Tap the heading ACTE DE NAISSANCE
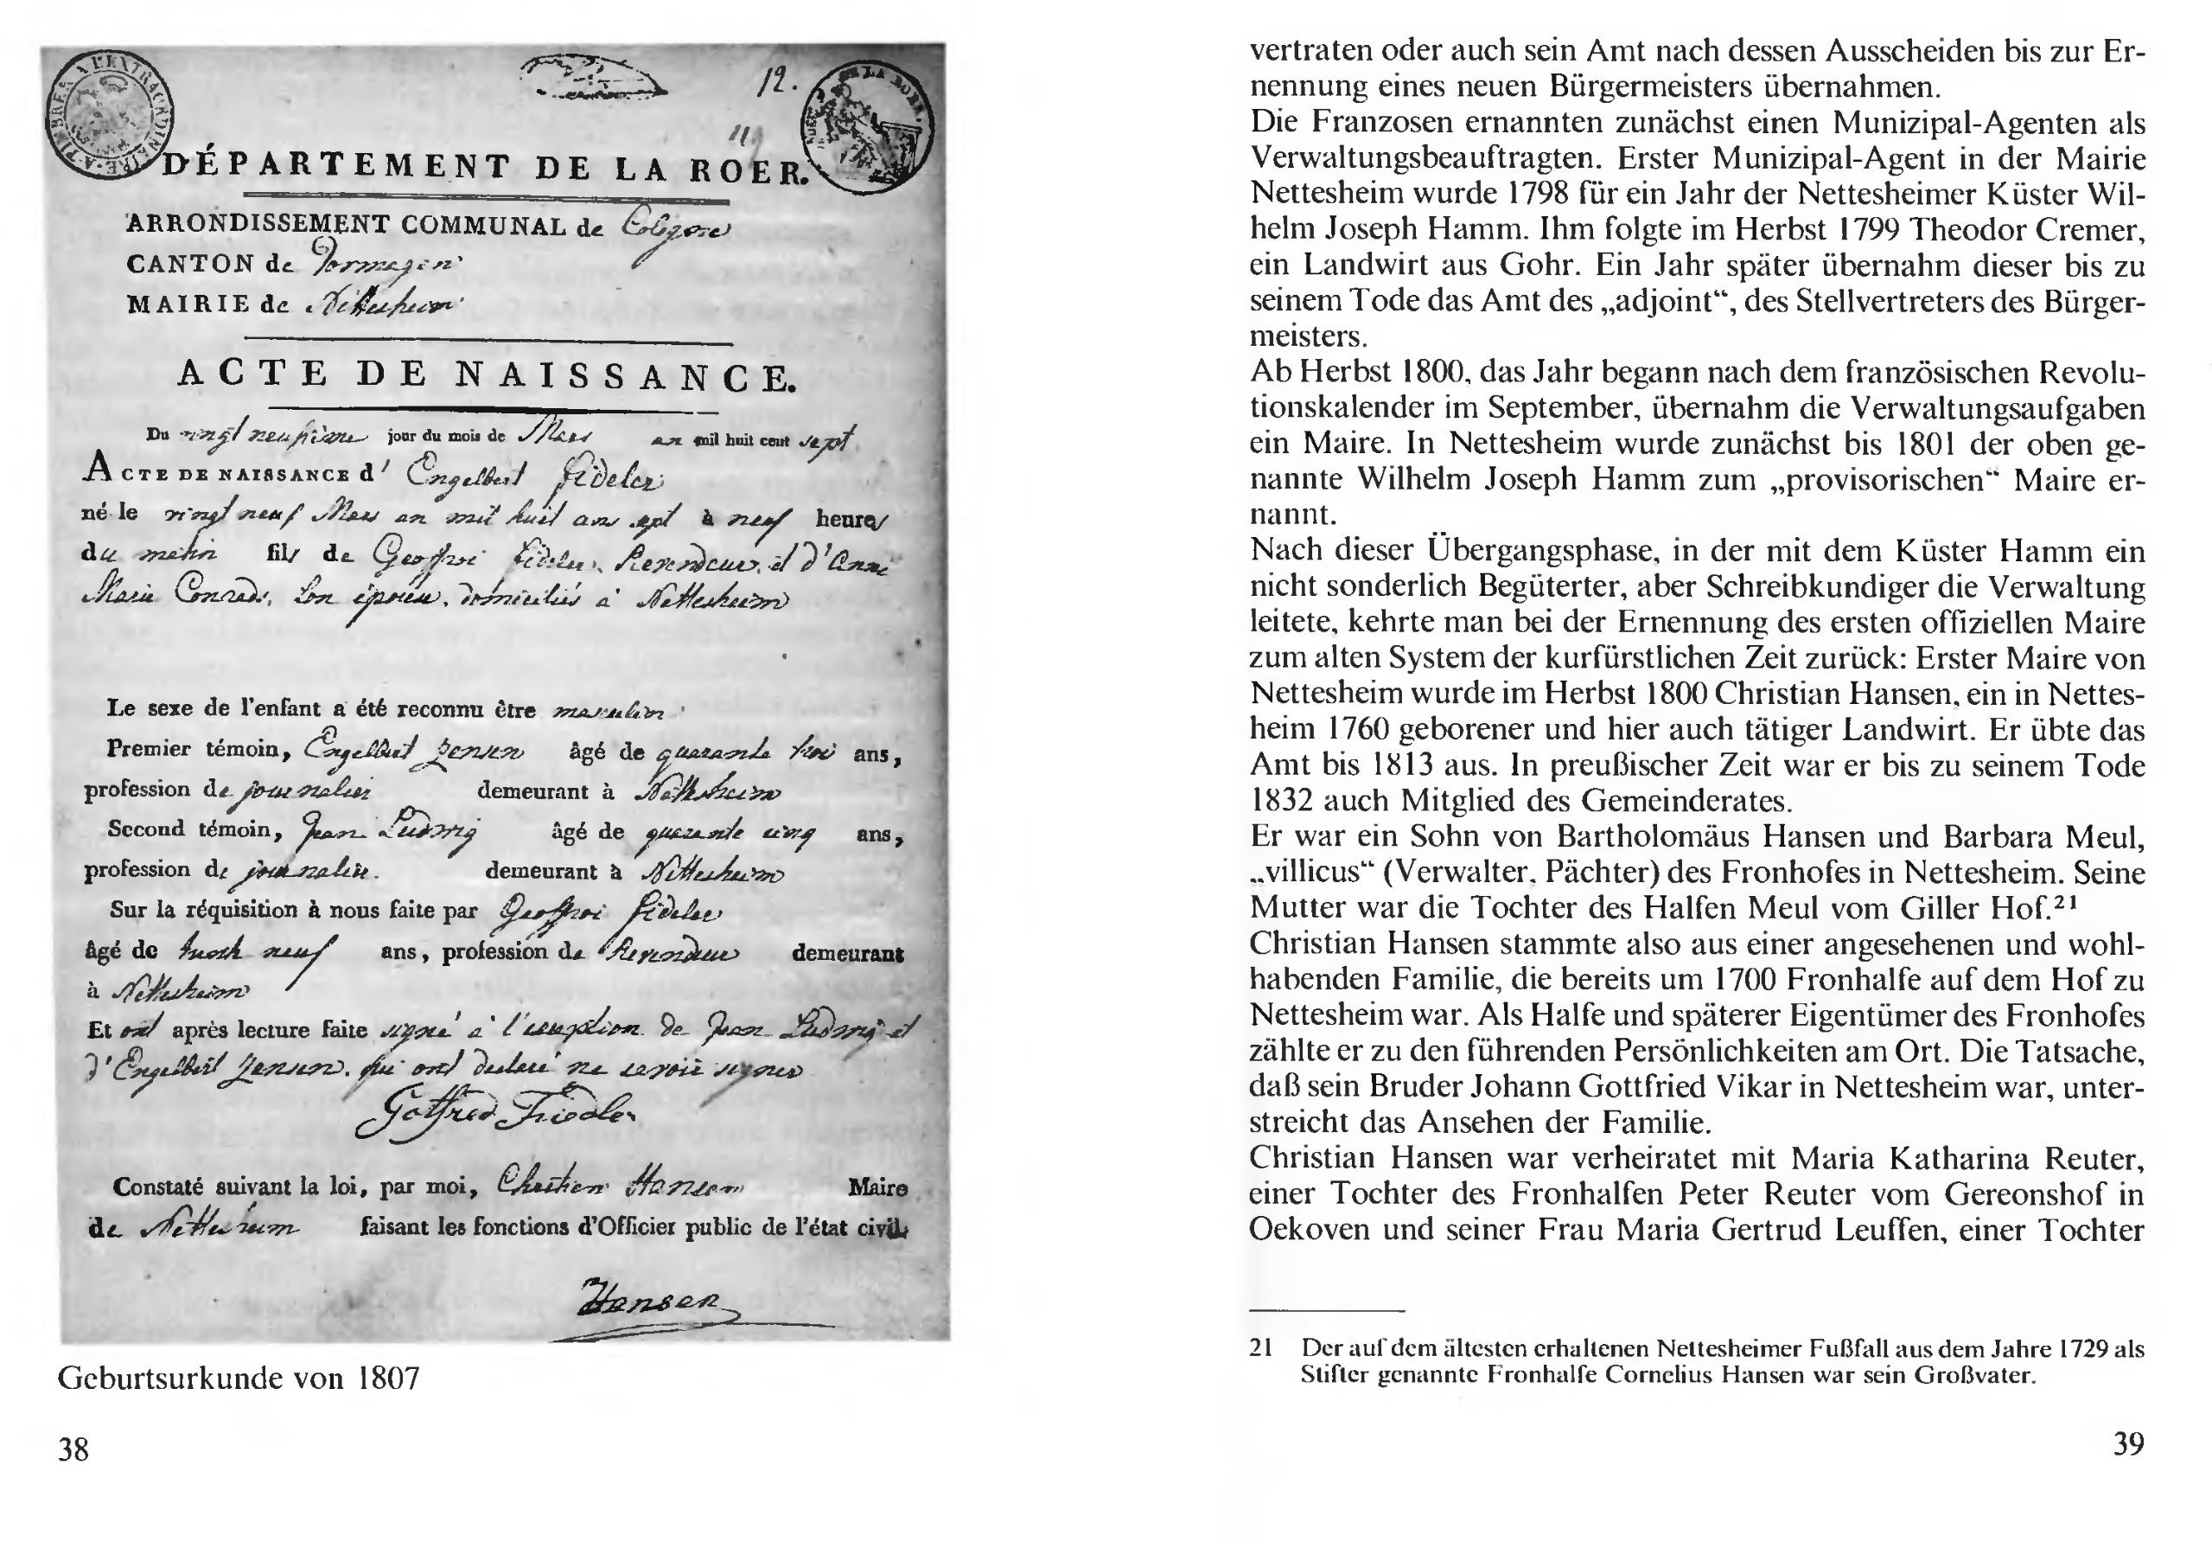tap(488, 374)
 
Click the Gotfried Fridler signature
tap(494, 1116)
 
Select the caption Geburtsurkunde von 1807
tap(239, 1379)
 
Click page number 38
tap(73, 1449)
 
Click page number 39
tap(2128, 1444)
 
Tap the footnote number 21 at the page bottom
tap(1261, 1348)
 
